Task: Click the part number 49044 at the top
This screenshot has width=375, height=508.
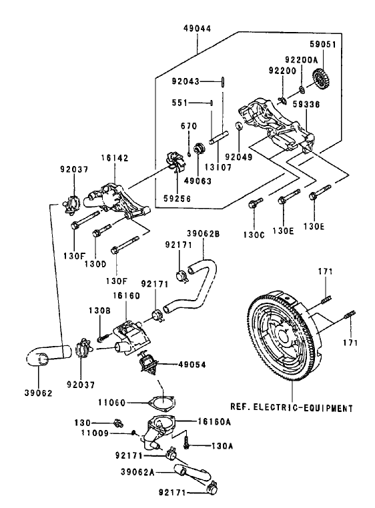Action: coord(198,29)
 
